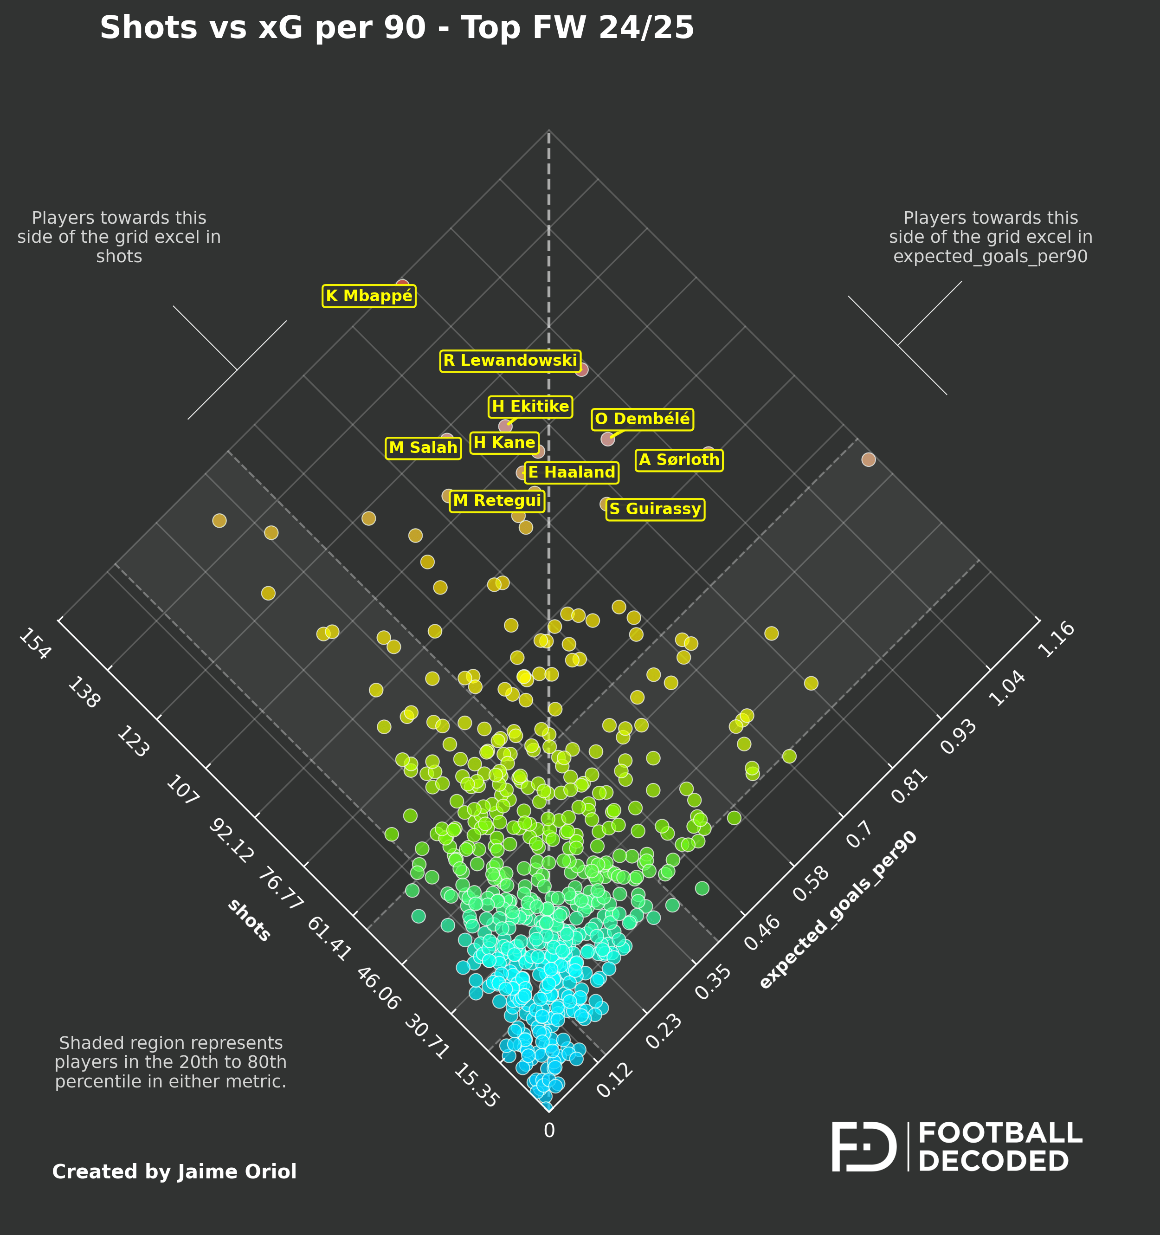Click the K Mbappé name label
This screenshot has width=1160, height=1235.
point(369,296)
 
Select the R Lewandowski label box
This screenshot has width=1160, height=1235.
point(510,361)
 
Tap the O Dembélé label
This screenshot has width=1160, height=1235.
point(642,420)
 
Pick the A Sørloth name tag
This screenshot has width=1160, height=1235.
point(679,460)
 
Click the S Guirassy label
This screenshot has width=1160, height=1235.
point(655,510)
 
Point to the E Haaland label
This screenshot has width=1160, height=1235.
point(571,473)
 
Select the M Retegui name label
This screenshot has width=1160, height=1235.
point(497,501)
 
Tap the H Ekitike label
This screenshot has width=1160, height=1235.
point(530,407)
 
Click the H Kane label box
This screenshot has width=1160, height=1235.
point(504,443)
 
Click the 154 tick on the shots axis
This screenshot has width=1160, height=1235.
point(35,644)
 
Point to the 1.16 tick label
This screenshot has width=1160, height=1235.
point(1056,639)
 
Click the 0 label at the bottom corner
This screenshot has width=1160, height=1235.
point(549,1131)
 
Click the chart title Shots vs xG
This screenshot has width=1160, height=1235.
point(396,28)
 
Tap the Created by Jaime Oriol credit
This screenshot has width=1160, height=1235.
point(174,1171)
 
